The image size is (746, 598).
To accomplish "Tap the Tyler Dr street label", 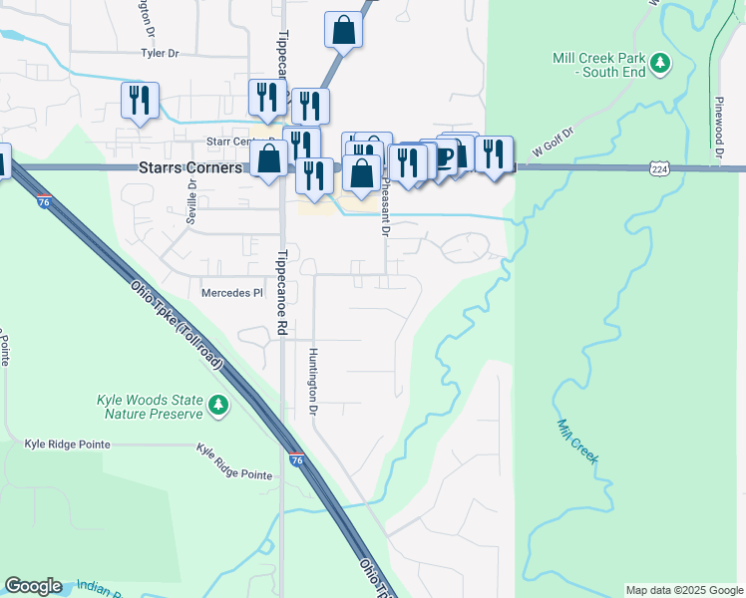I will point(165,52).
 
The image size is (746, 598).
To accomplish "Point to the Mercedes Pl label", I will point(230,293).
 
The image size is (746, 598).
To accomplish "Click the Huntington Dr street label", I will point(313,382).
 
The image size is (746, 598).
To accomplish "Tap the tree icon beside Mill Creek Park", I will point(659,65).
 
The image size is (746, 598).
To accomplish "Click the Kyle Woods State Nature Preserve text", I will point(150,406).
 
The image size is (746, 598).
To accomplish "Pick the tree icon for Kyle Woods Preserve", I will point(217,405).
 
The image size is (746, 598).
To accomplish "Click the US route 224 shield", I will point(659,168).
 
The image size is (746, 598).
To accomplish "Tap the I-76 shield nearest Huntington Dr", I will point(297,459).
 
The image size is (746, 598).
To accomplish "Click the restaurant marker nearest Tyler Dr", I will point(139,101).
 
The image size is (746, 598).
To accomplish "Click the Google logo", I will point(33,586).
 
